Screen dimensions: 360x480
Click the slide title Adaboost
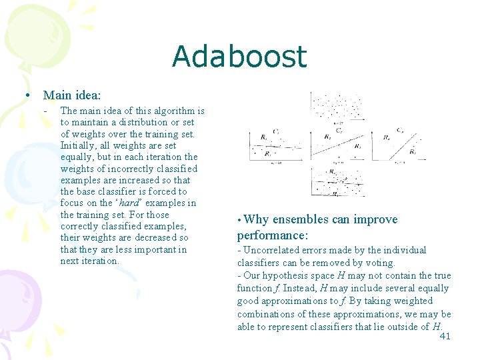point(239,57)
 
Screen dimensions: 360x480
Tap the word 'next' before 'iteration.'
point(70,261)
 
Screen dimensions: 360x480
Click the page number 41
point(445,337)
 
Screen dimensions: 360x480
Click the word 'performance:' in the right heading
point(273,235)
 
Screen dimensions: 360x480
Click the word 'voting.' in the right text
point(379,263)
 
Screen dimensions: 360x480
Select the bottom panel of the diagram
point(338,181)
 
